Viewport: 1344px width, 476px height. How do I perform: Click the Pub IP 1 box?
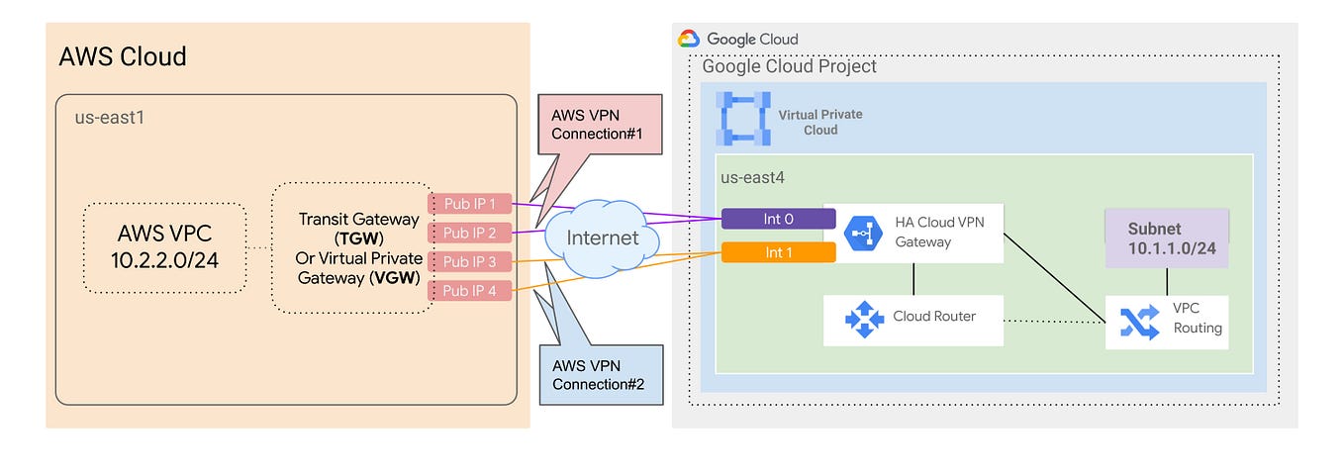[x=470, y=203]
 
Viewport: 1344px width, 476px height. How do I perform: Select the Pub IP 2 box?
[x=470, y=233]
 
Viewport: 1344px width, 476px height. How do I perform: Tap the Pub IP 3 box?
[x=470, y=262]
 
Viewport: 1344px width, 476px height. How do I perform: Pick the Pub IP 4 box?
[x=470, y=291]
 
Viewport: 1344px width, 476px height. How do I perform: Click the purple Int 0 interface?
[x=772, y=219]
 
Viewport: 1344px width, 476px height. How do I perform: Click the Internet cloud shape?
[x=602, y=238]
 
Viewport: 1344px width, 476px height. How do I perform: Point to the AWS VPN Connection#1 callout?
[x=586, y=125]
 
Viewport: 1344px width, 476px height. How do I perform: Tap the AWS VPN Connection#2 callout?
[x=592, y=374]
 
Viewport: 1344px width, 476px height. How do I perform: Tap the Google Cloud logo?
[x=689, y=39]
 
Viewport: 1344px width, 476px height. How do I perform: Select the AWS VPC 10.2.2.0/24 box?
[x=163, y=247]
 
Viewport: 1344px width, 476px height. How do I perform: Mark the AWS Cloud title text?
[x=123, y=55]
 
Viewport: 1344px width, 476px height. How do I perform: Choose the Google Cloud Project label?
[x=789, y=66]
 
